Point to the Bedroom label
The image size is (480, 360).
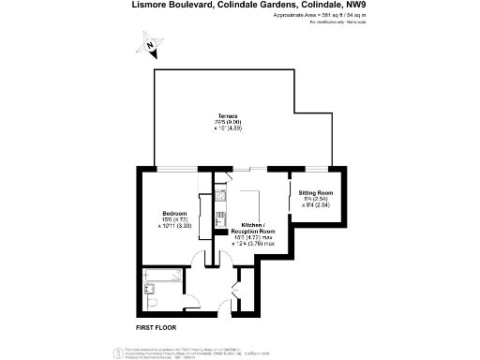(x=174, y=214)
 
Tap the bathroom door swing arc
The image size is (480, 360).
(x=193, y=300)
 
